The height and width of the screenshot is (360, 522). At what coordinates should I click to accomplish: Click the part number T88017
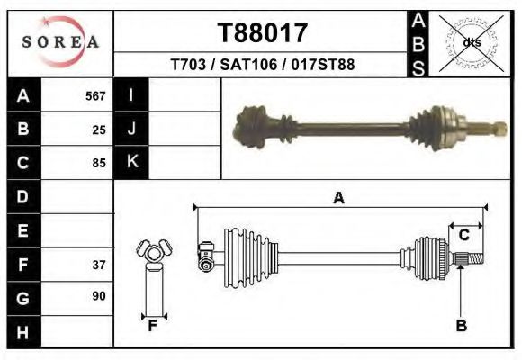click(x=262, y=33)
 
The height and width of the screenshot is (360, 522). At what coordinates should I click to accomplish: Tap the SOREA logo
click(x=59, y=41)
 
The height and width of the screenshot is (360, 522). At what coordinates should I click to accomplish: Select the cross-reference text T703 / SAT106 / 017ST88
click(x=262, y=65)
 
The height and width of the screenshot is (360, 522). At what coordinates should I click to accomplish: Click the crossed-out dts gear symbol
click(x=472, y=42)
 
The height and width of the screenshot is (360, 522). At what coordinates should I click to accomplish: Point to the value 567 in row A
click(x=95, y=95)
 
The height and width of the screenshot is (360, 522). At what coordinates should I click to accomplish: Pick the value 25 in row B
click(x=99, y=129)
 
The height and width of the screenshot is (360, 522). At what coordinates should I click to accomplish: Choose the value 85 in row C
click(x=99, y=163)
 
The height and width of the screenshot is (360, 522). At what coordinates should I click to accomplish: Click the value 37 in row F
click(x=99, y=265)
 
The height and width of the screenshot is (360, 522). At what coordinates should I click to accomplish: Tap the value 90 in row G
click(x=99, y=296)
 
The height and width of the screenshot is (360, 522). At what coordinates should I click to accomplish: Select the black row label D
click(x=22, y=197)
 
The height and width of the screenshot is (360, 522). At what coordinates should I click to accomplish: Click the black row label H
click(x=22, y=332)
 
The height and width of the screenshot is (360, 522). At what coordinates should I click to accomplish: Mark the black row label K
click(x=131, y=162)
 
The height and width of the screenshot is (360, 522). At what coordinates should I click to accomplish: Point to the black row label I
click(x=131, y=95)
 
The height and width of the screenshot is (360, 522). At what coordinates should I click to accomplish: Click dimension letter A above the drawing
click(x=338, y=198)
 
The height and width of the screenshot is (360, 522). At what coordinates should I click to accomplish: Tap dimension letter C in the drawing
click(x=464, y=236)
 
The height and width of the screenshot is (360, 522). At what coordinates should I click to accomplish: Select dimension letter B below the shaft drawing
click(x=462, y=327)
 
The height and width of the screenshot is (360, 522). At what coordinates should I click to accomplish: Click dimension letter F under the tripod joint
click(x=154, y=327)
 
